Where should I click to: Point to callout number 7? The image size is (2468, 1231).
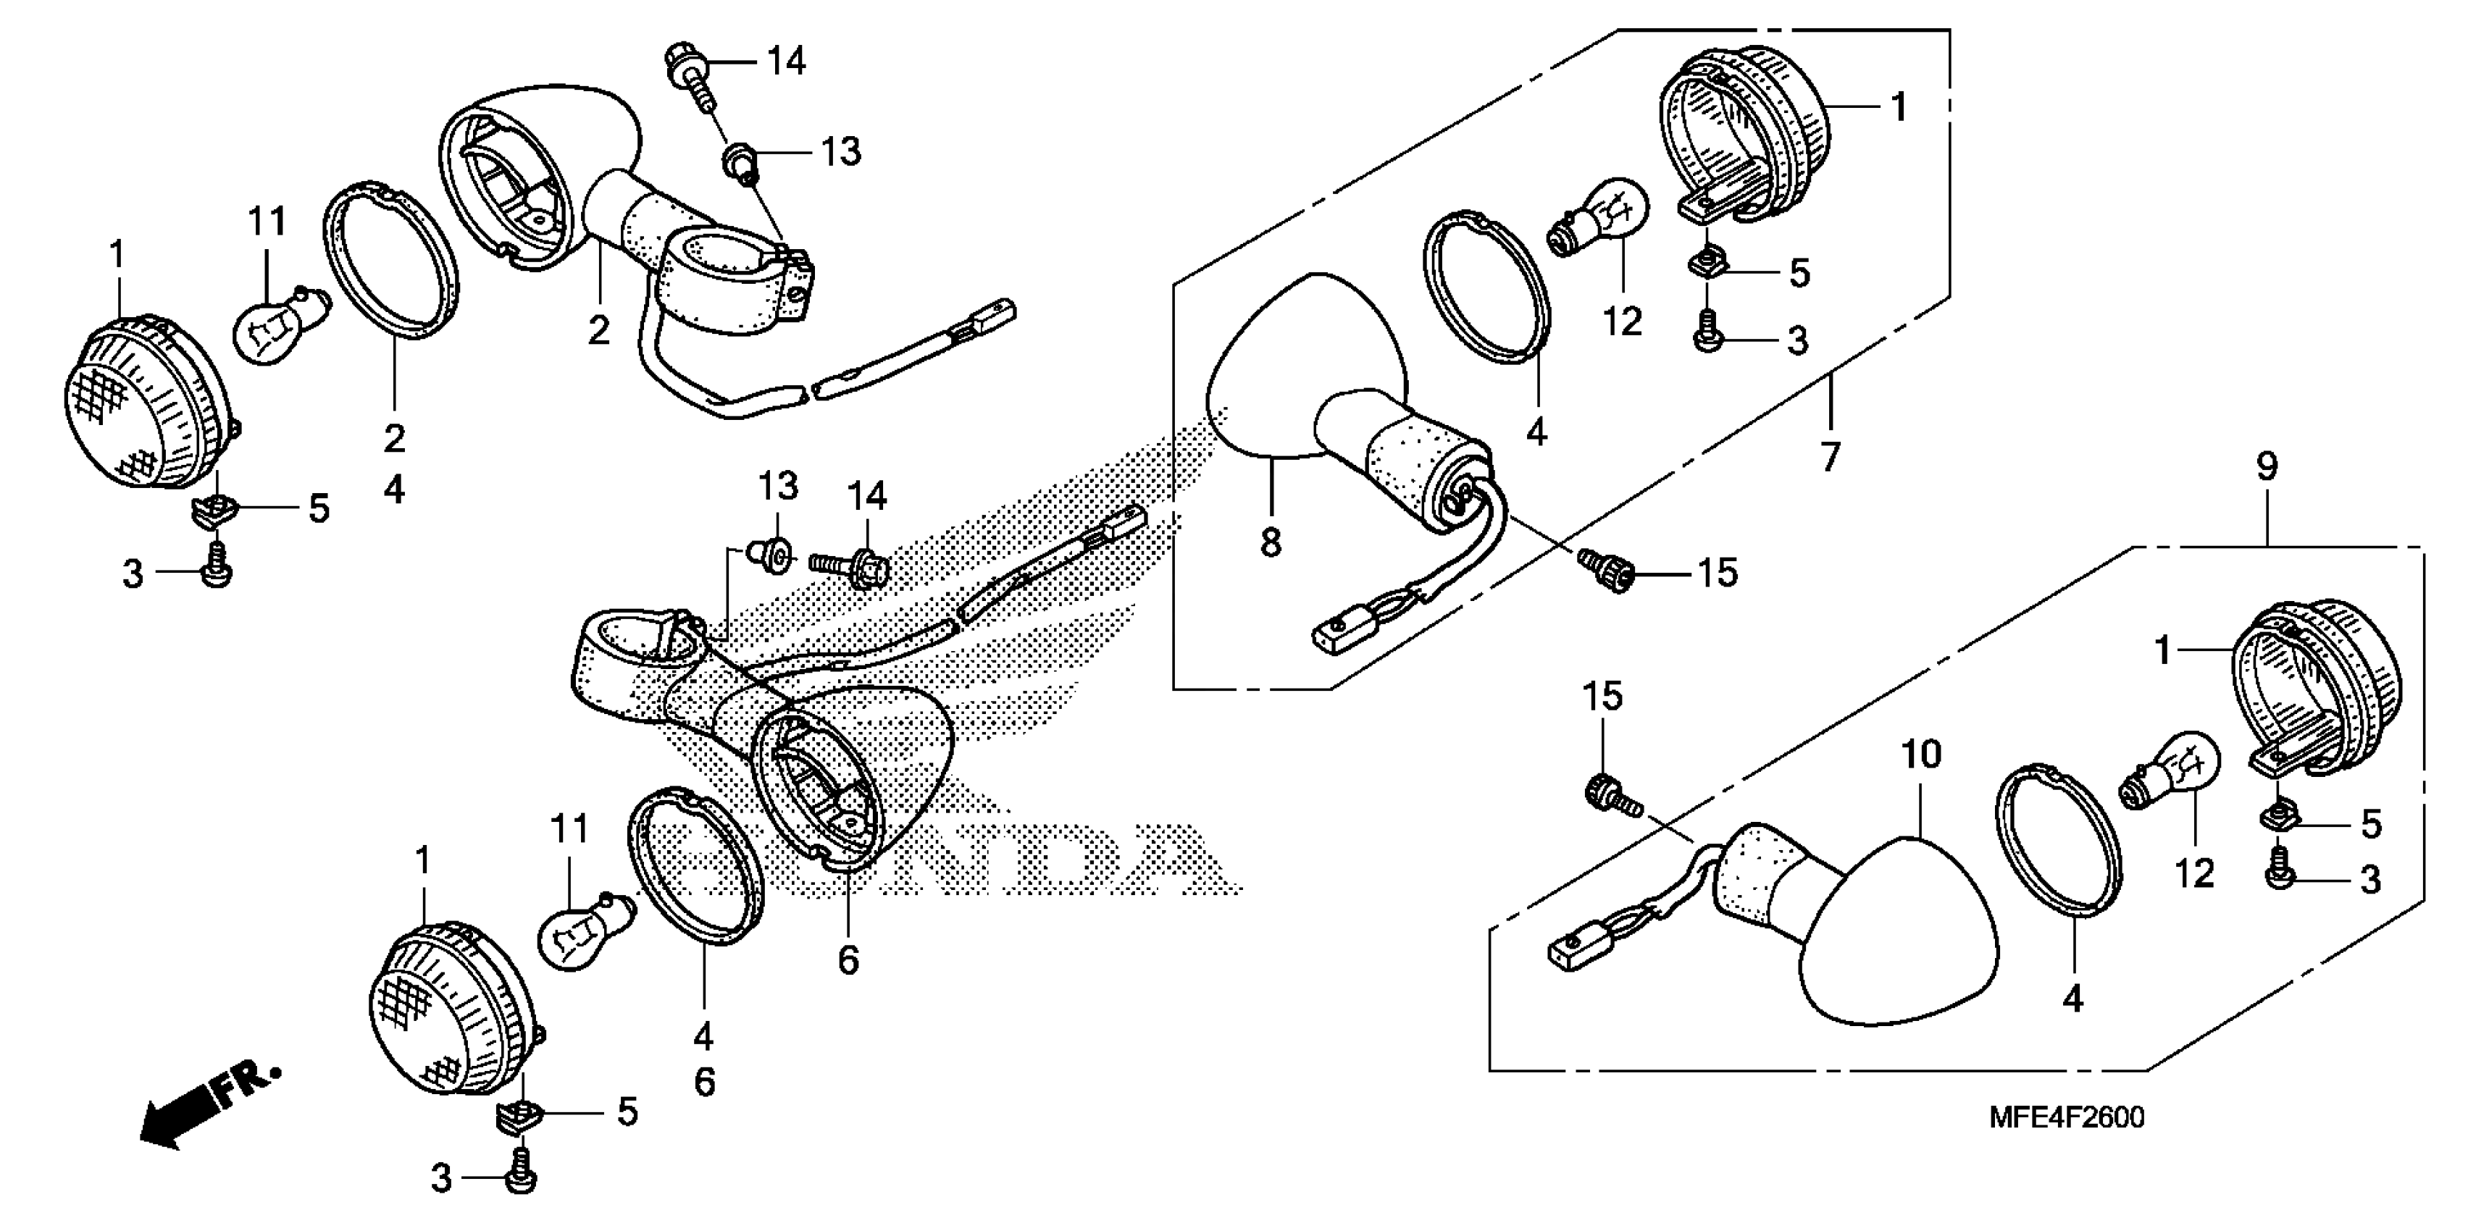(1831, 457)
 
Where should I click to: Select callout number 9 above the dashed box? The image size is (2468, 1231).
(2266, 468)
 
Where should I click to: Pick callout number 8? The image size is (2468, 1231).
(1271, 543)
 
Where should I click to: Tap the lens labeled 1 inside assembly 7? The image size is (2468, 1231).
(1744, 134)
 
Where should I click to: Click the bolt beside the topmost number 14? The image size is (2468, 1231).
(688, 69)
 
